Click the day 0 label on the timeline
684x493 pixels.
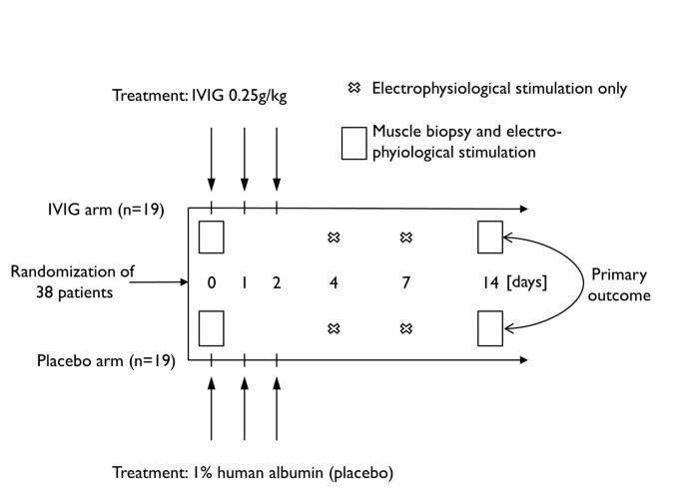tap(211, 282)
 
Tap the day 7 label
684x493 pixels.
tap(405, 282)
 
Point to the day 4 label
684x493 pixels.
tap(334, 282)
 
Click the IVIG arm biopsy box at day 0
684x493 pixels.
tap(211, 238)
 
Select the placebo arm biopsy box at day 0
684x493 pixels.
tap(211, 327)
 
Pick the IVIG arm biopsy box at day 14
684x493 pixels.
tap(489, 238)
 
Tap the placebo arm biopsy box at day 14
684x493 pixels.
tap(489, 327)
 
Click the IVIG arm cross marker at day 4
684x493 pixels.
tap(334, 238)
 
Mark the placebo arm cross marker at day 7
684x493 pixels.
tap(405, 327)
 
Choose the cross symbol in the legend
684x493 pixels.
tap(351, 89)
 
